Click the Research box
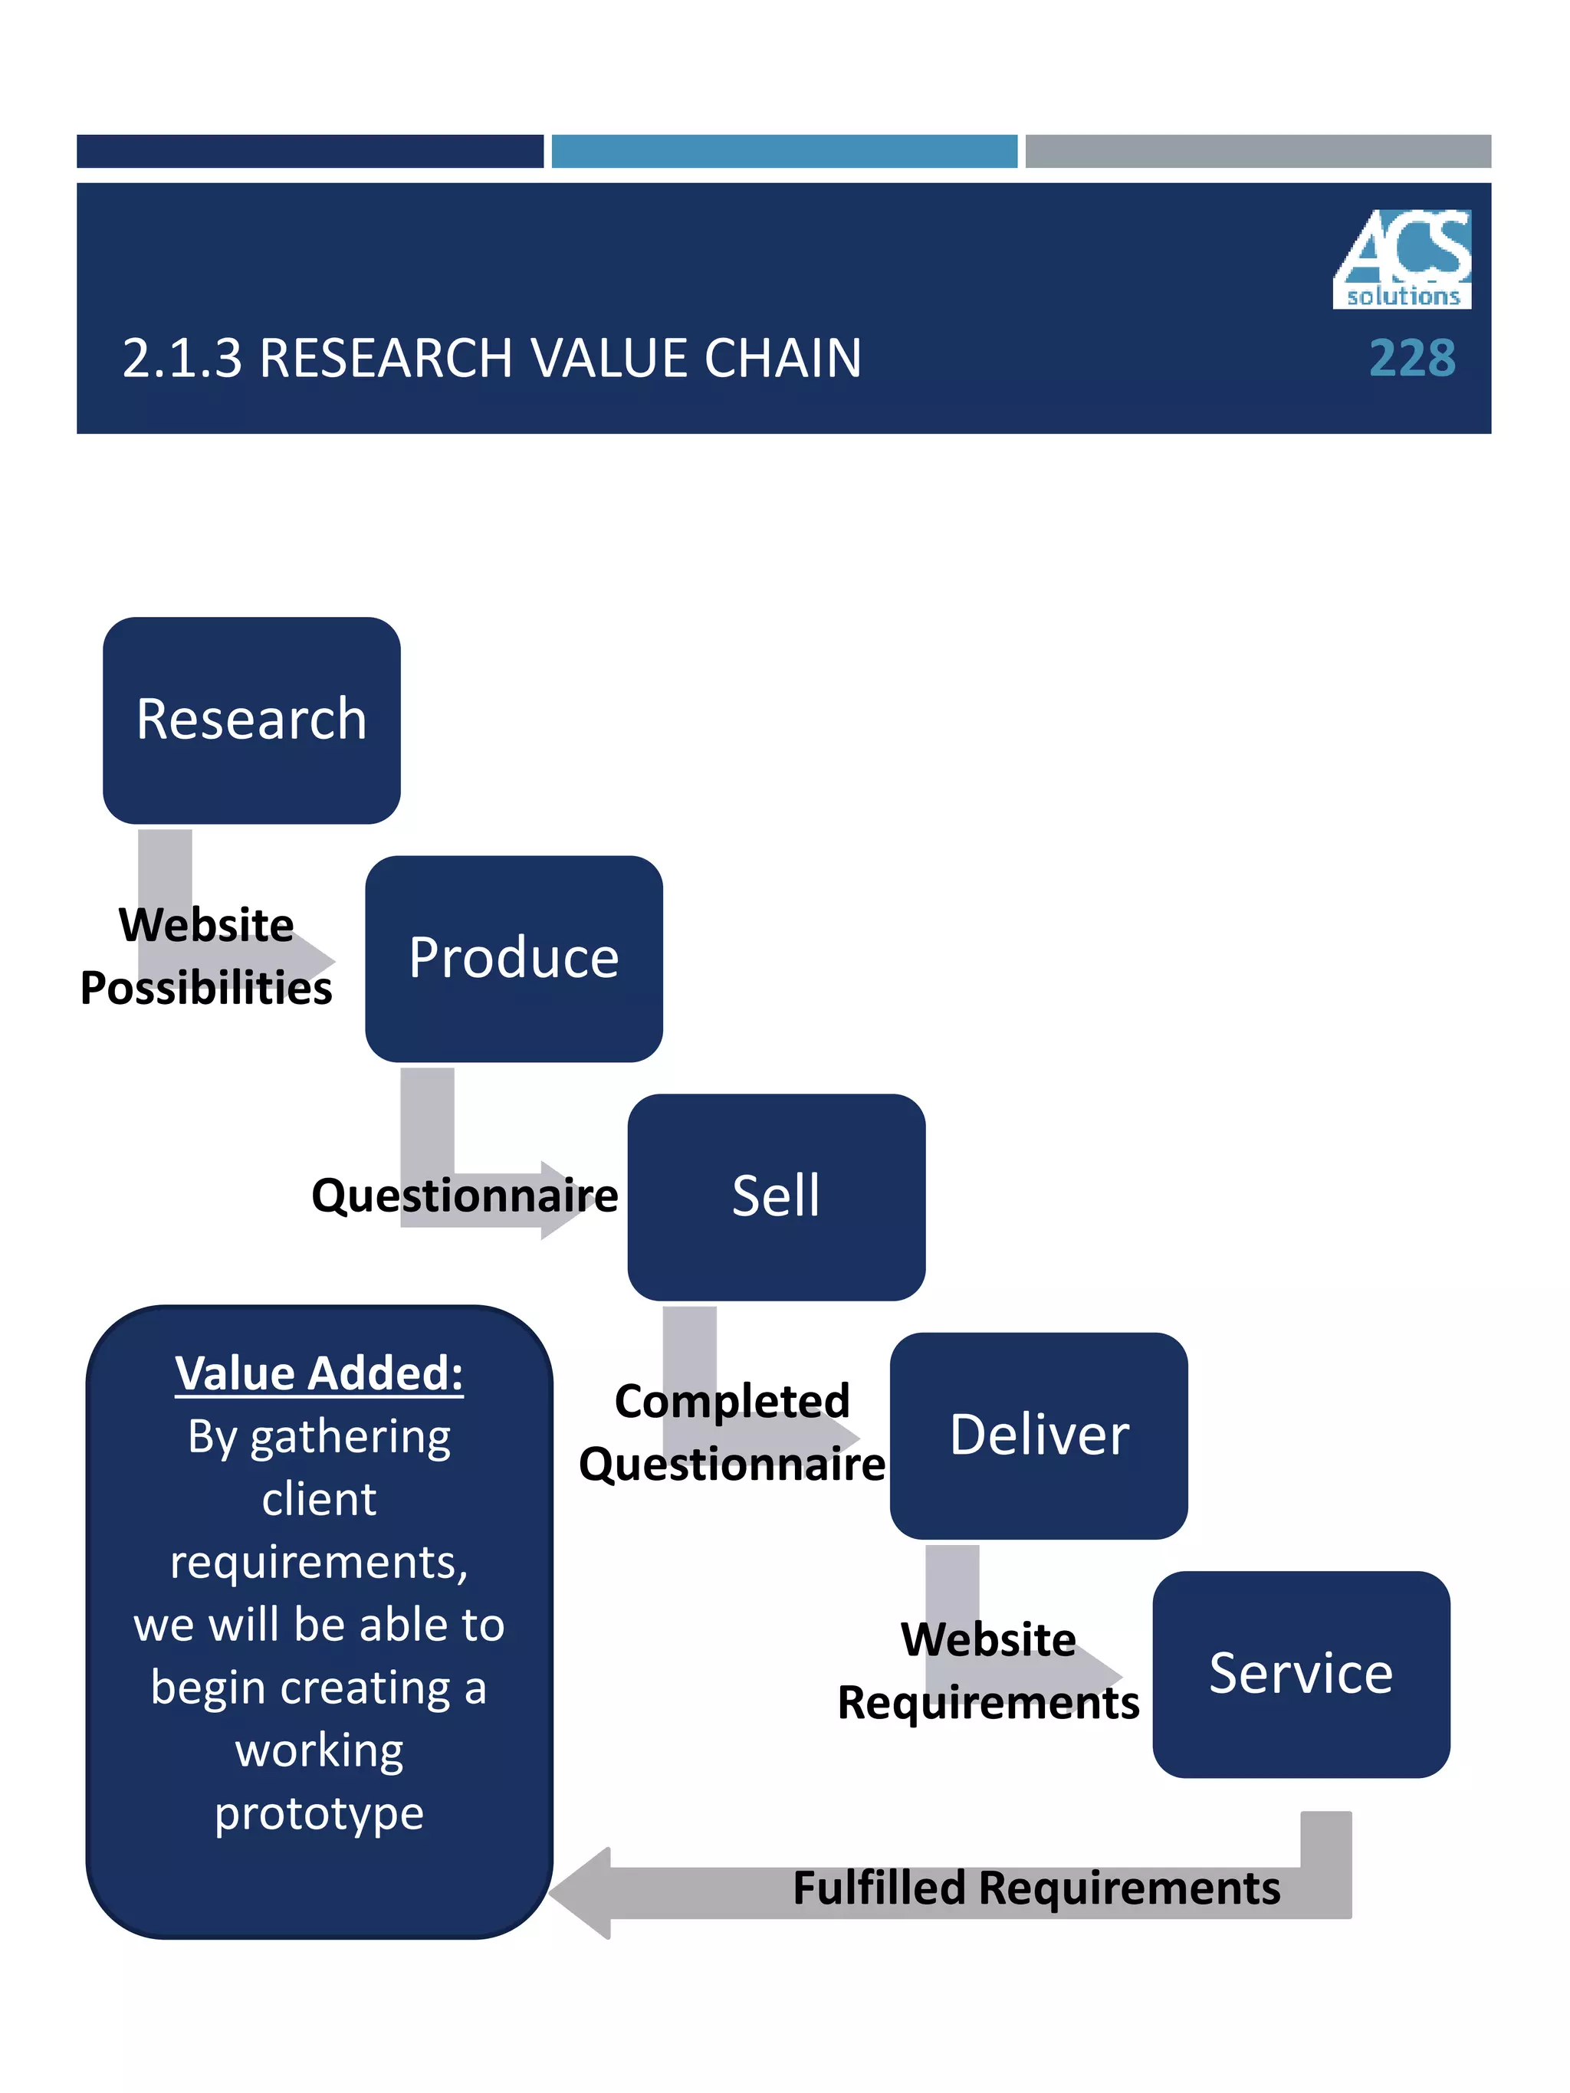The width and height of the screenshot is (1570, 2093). (x=251, y=720)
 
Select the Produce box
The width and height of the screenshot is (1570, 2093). (x=514, y=959)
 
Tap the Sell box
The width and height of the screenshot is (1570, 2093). (x=776, y=1197)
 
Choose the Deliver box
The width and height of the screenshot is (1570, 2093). (x=1038, y=1435)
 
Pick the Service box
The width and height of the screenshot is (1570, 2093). (x=1300, y=1674)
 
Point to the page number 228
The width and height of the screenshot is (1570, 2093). (x=1412, y=359)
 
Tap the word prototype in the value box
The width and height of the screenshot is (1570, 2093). (x=319, y=1814)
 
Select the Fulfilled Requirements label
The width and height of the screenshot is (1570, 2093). (x=1036, y=1888)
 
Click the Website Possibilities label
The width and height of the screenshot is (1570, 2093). (x=206, y=956)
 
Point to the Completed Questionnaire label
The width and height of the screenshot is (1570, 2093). (x=731, y=1432)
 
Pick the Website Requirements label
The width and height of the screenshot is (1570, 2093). (x=988, y=1671)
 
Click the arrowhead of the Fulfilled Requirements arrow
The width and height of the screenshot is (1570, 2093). (x=580, y=1893)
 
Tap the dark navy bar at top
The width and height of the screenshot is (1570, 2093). (x=310, y=152)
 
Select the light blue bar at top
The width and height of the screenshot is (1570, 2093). (x=783, y=152)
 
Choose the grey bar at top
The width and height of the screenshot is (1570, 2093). (x=1258, y=152)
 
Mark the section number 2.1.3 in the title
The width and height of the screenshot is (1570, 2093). (x=182, y=359)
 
